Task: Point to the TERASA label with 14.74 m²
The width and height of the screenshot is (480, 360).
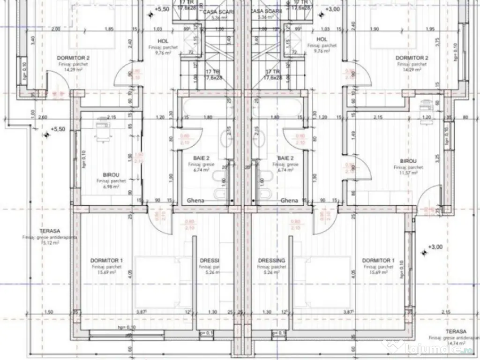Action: click(456, 330)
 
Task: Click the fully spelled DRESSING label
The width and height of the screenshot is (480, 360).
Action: click(272, 261)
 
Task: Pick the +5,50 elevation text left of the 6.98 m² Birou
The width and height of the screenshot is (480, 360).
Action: click(60, 129)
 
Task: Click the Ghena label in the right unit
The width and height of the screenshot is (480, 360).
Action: click(289, 201)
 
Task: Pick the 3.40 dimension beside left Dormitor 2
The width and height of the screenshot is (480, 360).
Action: click(32, 40)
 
